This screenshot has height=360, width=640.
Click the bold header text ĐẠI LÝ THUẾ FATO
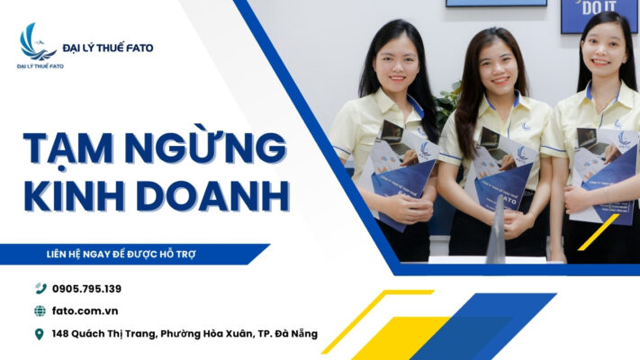point(108,47)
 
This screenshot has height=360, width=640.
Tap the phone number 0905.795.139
point(86,289)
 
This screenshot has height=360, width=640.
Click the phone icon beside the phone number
point(40,289)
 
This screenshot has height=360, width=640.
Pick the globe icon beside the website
point(40,311)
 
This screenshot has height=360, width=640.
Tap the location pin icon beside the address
point(40,335)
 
